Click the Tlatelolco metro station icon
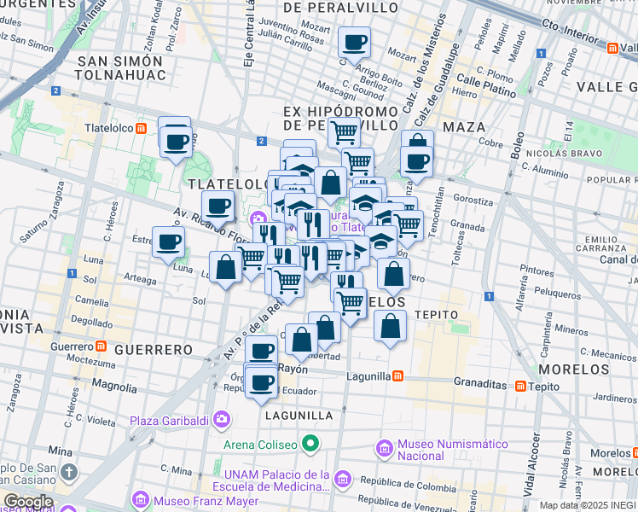click(142, 129)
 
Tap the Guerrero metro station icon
click(100, 347)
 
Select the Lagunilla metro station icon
click(397, 375)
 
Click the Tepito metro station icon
click(519, 386)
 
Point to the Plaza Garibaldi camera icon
click(223, 419)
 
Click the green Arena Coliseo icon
click(310, 444)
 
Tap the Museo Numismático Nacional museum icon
click(383, 448)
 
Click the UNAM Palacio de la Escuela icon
click(343, 478)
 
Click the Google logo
click(28, 501)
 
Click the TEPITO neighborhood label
click(437, 315)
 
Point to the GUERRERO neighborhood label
click(154, 350)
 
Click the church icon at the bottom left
click(69, 471)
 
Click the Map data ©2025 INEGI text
click(588, 505)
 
